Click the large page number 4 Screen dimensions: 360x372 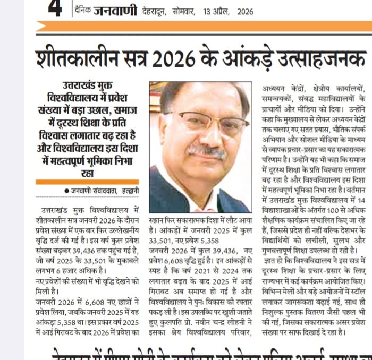click(54, 10)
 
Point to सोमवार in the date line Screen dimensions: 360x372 click(184, 11)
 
